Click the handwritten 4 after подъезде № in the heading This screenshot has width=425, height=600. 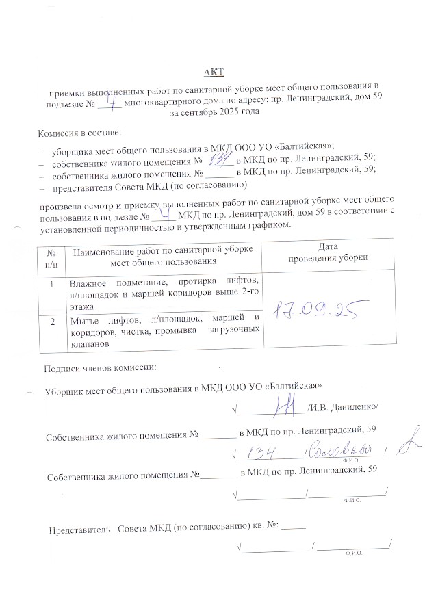coord(112,100)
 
